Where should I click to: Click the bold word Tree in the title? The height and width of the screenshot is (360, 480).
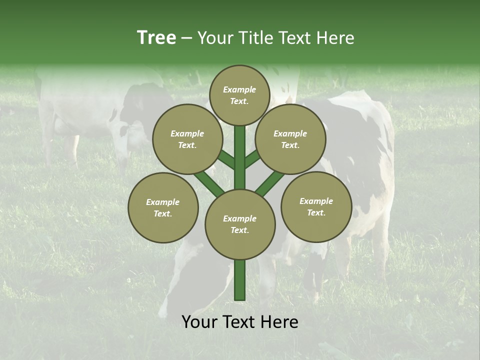click(156, 37)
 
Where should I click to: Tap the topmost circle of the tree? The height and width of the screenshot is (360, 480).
click(239, 95)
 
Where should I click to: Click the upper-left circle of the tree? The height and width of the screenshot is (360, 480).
click(187, 139)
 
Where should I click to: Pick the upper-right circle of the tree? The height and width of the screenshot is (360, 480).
click(290, 139)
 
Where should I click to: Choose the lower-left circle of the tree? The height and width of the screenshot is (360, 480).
click(163, 207)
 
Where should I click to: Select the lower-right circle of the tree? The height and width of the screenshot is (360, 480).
click(316, 206)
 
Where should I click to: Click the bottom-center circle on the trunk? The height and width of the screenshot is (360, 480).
click(240, 224)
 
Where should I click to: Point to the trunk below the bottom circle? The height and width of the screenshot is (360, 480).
click(240, 280)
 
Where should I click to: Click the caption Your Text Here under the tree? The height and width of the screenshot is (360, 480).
click(240, 322)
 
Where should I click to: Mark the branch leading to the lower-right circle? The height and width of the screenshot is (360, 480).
click(270, 184)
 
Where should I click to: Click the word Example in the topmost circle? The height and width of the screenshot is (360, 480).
click(239, 89)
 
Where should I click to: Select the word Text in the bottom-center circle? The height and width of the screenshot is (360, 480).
click(239, 230)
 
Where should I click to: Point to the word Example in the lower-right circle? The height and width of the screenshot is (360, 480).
click(316, 201)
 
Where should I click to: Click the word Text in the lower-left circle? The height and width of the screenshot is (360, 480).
click(162, 213)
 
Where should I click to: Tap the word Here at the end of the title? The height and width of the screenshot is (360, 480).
click(336, 37)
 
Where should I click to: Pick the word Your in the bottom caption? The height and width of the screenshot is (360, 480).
click(200, 322)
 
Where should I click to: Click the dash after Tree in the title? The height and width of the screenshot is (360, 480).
click(186, 38)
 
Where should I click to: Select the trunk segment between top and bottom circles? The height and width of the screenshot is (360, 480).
click(240, 157)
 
